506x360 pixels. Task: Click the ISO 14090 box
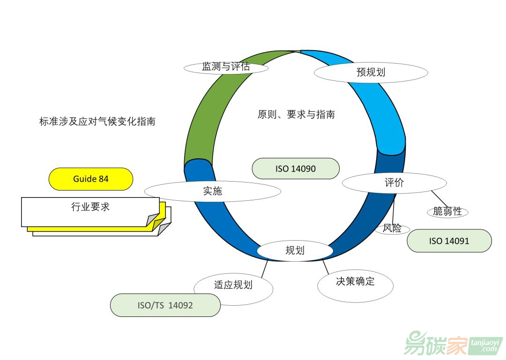[295, 169]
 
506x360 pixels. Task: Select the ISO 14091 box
[449, 241]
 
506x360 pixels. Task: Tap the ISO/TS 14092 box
[165, 305]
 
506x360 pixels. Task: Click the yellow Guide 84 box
[91, 179]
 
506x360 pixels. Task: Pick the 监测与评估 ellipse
[226, 67]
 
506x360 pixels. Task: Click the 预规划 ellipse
[370, 73]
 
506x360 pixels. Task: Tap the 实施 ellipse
[212, 191]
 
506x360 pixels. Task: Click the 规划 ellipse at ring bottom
[295, 250]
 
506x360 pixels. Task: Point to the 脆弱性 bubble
[447, 212]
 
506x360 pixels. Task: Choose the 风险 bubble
[392, 229]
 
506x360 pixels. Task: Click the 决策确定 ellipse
[355, 282]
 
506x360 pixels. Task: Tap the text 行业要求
[90, 207]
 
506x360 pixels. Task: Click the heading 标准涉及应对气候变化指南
[97, 122]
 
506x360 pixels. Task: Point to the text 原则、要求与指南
[296, 114]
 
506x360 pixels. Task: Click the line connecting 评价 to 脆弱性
[439, 198]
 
